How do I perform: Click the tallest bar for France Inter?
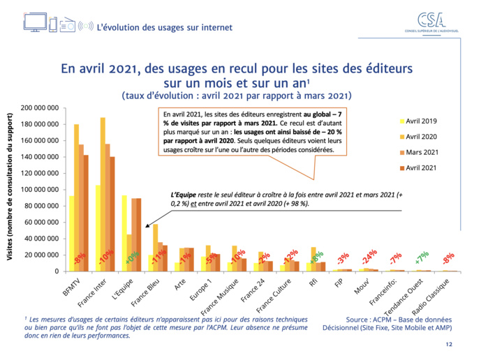pyautogui.click(x=103, y=194)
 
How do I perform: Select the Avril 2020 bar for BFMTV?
pyautogui.click(x=77, y=197)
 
